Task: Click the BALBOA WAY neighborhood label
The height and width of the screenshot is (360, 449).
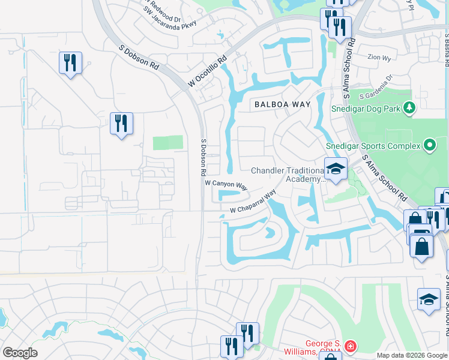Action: [282, 104]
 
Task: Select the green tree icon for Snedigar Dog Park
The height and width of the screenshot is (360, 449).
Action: [409, 108]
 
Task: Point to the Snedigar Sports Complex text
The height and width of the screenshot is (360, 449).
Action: [373, 146]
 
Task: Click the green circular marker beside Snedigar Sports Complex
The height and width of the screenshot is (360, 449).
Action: [429, 145]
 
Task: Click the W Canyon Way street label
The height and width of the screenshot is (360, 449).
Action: [226, 184]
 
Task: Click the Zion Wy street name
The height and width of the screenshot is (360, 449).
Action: [379, 58]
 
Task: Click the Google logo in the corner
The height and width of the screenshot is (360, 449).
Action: [20, 353]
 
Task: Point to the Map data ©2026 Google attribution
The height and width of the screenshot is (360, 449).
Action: [412, 355]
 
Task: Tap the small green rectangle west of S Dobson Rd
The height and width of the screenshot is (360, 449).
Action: [167, 143]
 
